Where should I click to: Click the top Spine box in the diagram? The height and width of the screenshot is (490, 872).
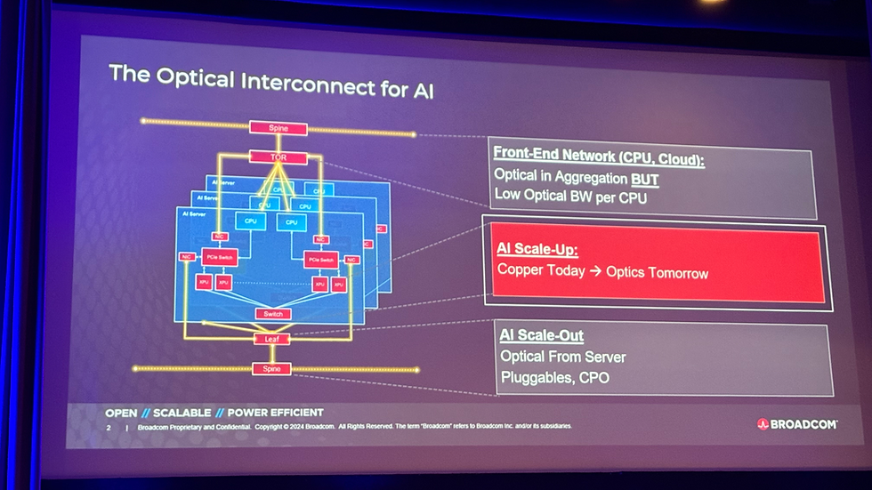278,128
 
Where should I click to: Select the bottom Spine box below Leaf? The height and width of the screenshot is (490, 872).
271,368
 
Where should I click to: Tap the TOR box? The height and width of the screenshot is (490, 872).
279,157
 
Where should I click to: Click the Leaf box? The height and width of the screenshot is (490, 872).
272,339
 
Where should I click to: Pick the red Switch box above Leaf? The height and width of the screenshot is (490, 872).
272,314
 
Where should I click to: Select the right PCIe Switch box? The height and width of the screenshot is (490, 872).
320,261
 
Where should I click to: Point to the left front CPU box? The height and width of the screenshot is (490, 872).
250,221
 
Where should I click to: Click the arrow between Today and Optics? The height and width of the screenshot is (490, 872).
593,271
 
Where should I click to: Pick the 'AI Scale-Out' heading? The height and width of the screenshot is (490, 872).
541,335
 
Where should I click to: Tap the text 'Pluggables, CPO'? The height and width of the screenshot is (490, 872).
554,378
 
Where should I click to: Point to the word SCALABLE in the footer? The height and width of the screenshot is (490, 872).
182,413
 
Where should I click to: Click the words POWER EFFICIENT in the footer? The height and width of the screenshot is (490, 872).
276,413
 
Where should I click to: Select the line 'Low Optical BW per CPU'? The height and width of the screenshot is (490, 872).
569,197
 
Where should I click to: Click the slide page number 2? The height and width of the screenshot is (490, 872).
108,427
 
